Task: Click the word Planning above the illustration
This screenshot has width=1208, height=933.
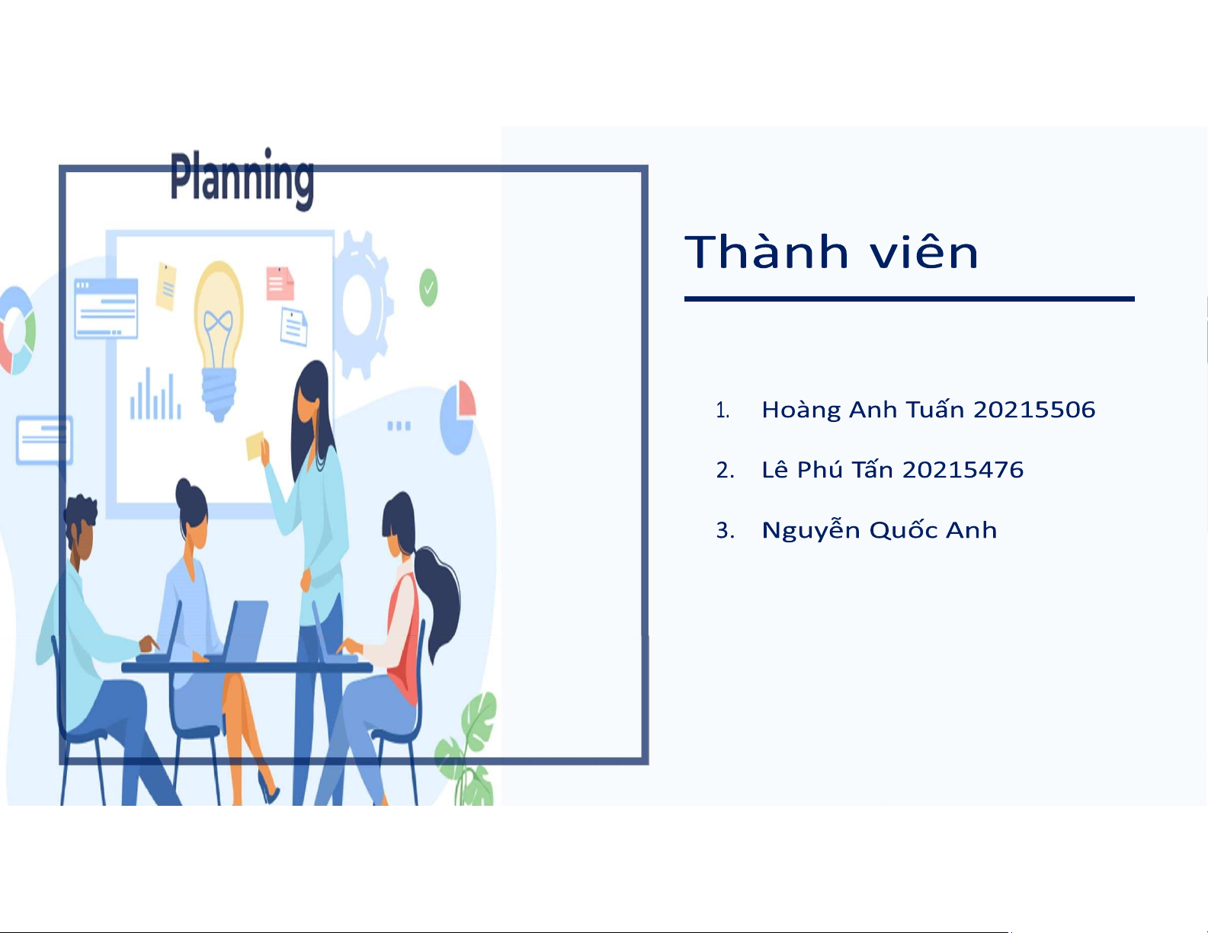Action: pos(242,179)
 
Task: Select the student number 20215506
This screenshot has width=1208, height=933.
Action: pos(1034,410)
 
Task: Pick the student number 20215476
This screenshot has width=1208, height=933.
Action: pos(963,470)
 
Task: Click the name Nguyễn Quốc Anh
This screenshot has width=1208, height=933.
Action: pos(880,529)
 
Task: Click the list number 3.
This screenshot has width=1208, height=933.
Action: pos(725,530)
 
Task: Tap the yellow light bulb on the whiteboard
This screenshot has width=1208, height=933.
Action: pos(219,340)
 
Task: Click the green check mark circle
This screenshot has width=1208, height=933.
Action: pos(428,288)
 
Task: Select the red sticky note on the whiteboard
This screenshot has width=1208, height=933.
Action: pos(280,283)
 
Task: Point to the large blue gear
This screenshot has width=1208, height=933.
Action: pos(362,305)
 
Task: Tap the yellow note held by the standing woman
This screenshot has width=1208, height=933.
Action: pos(255,446)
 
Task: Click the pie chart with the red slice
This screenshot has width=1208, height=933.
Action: pos(457,417)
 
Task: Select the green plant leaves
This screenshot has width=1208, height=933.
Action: pos(468,749)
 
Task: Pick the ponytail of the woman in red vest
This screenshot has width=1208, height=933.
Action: pos(437,601)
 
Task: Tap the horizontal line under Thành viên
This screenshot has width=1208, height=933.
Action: pos(909,299)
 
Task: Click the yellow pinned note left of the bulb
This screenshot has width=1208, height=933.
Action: pos(166,286)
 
